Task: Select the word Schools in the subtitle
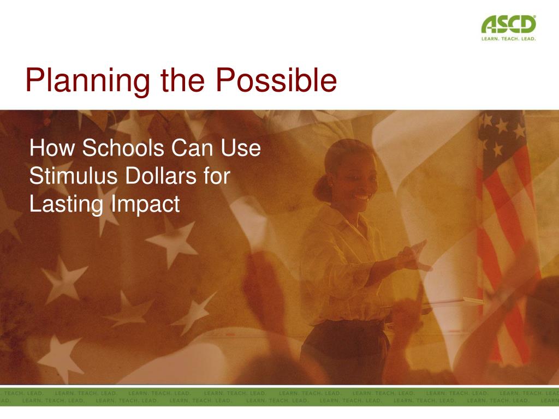tap(123, 147)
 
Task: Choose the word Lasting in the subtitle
tap(66, 204)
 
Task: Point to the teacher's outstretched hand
tap(415, 256)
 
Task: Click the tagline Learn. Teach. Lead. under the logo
tap(508, 39)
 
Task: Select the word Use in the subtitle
tap(241, 147)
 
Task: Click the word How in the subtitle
tap(52, 147)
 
